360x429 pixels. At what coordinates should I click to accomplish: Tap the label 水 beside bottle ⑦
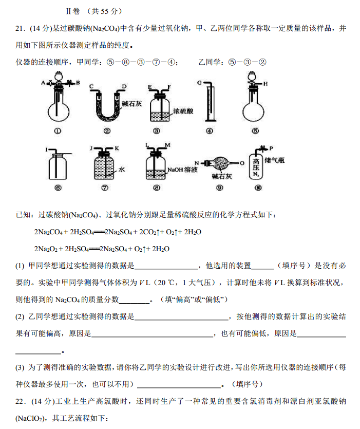click(x=122, y=169)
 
